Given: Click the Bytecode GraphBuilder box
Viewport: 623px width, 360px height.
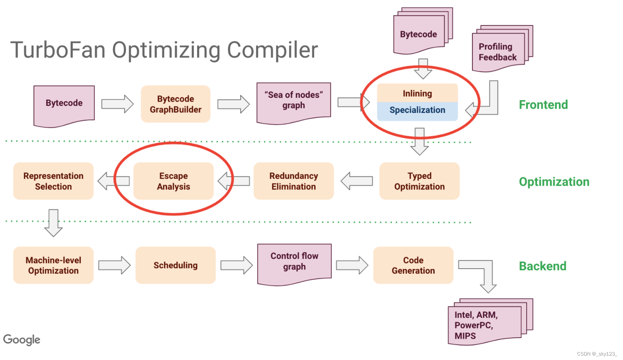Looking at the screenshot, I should pyautogui.click(x=175, y=104).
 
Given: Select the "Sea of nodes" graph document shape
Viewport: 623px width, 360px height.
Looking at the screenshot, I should pyautogui.click(x=294, y=101).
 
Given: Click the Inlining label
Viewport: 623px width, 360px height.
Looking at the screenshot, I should pyautogui.click(x=417, y=93).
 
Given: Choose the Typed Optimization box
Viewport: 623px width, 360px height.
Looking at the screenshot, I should pyautogui.click(x=419, y=181).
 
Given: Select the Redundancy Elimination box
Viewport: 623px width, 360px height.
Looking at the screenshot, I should pyautogui.click(x=294, y=181).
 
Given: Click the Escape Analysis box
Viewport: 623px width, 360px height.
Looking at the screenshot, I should pyautogui.click(x=173, y=181).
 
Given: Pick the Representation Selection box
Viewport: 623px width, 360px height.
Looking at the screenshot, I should pyautogui.click(x=53, y=181).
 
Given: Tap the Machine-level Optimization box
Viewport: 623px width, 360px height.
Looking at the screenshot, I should pyautogui.click(x=53, y=265).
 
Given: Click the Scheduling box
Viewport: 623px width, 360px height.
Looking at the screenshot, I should pyautogui.click(x=175, y=265).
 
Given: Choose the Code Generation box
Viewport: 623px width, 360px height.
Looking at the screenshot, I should pyautogui.click(x=413, y=265).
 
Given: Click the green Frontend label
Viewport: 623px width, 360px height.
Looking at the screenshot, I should pyautogui.click(x=543, y=105).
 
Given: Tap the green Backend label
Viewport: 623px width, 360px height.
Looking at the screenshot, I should pyautogui.click(x=542, y=266).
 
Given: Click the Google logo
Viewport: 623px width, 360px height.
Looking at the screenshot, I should pyautogui.click(x=21, y=339).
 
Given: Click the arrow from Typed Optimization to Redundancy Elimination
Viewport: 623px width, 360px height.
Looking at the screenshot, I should pyautogui.click(x=356, y=181).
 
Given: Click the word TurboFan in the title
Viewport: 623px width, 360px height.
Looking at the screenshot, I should pyautogui.click(x=58, y=50).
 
